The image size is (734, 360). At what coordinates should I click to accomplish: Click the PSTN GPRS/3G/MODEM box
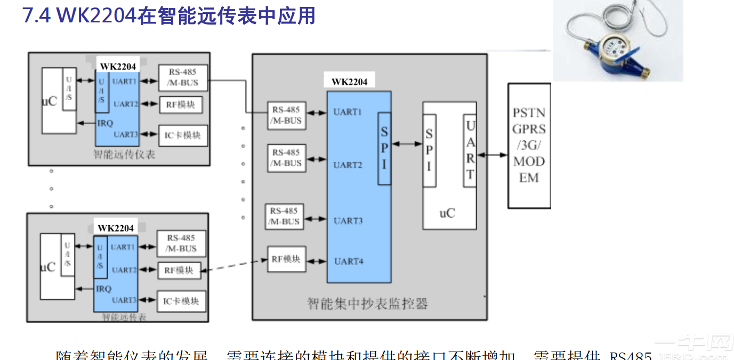[529, 146]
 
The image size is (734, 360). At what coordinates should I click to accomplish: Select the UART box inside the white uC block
[470, 150]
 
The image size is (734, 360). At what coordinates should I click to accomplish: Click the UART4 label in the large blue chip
[348, 261]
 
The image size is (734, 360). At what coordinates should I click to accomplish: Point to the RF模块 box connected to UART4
[286, 259]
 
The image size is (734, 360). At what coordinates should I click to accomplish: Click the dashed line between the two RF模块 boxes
[234, 265]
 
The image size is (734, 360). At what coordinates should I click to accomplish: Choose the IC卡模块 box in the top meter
[182, 135]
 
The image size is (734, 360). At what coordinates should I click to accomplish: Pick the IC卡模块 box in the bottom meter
[181, 301]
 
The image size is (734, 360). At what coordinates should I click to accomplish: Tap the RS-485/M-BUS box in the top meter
[182, 78]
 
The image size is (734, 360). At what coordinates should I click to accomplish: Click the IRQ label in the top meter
[105, 123]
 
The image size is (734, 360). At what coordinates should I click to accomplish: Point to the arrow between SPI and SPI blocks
[407, 143]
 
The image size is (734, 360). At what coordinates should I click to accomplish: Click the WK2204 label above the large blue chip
[349, 82]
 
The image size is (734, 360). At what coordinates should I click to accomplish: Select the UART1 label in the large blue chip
[348, 112]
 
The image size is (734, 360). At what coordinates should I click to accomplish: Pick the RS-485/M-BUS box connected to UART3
[284, 217]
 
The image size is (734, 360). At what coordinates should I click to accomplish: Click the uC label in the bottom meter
[48, 267]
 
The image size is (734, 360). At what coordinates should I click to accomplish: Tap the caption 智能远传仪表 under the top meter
[124, 155]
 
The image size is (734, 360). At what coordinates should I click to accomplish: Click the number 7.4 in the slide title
[36, 15]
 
